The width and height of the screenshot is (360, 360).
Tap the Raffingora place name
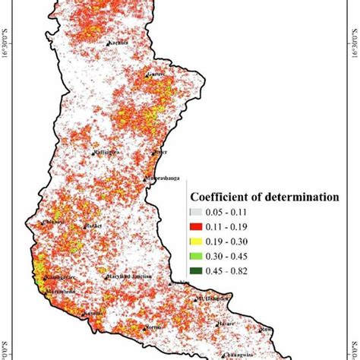(109, 152)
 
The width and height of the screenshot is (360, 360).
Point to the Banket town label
(94, 226)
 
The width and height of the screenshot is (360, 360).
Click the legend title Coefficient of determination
(263, 197)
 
